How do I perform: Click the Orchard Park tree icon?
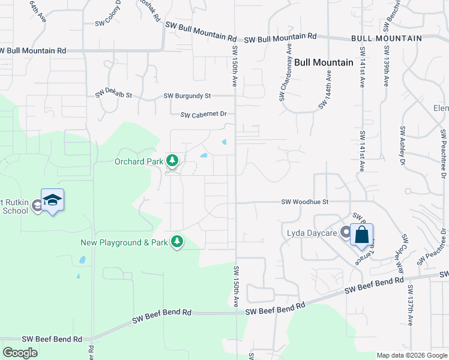click(172, 160)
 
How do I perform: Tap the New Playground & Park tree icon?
click(176, 242)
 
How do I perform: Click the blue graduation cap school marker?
click(52, 200)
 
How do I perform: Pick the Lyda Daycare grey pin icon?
click(346, 232)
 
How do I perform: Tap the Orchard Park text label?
click(139, 161)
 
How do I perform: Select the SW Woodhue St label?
click(305, 202)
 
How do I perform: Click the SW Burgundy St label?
click(187, 95)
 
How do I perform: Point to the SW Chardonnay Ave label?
click(285, 72)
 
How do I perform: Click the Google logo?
click(20, 353)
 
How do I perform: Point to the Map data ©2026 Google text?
click(411, 355)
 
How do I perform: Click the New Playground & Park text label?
click(124, 242)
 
